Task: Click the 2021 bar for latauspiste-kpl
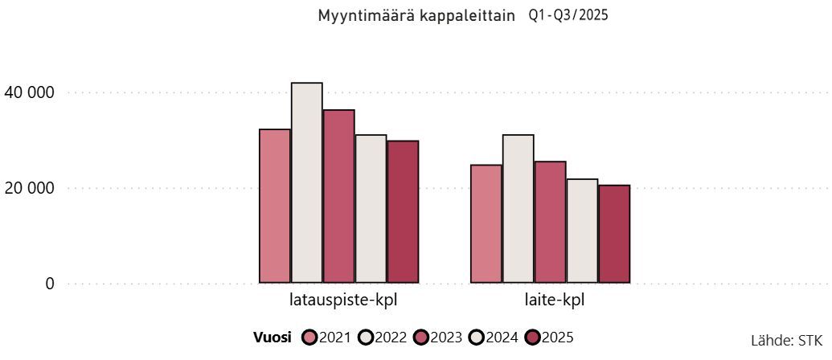point(275,206)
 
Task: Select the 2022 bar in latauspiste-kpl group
point(307,182)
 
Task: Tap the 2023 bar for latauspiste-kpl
point(339,196)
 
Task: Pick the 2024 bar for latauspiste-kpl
point(371,209)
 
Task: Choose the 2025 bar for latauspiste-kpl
point(403,211)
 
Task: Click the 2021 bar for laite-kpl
point(486,223)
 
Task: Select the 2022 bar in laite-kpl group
point(518,209)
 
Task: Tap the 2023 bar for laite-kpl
point(551,222)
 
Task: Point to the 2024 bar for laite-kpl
point(582,231)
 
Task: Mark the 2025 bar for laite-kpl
point(614,234)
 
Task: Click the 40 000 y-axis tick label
point(30,93)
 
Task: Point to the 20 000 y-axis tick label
point(30,188)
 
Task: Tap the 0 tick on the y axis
point(50,284)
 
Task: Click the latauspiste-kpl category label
point(343,302)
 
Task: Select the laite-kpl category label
point(550,302)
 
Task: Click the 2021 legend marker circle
point(309,337)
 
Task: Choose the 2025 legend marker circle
point(532,337)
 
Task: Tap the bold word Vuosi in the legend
point(273,337)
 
